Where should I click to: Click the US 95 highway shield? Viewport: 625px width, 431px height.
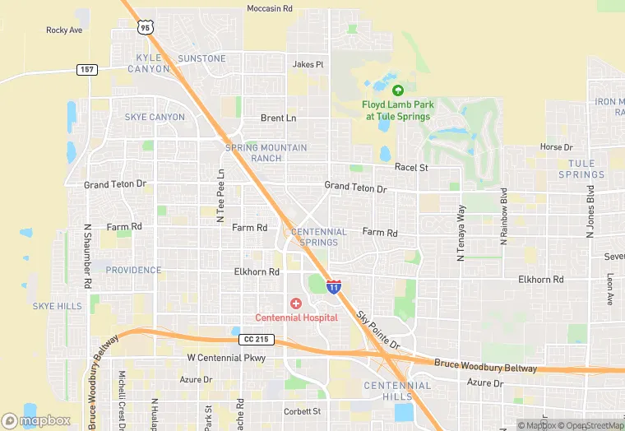[146, 27]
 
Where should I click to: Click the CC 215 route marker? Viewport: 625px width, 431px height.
[254, 339]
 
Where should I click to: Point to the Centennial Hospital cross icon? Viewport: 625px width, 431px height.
[296, 304]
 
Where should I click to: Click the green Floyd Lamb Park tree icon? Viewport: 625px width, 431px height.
[398, 90]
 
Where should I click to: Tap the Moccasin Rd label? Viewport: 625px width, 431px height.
[270, 8]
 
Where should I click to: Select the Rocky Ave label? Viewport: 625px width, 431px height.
[64, 30]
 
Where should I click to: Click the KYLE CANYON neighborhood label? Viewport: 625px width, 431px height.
[149, 63]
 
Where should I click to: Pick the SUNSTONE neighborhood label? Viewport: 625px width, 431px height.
[201, 58]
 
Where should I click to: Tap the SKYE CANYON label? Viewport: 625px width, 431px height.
[155, 117]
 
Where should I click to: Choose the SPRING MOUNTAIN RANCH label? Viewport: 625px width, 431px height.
[266, 153]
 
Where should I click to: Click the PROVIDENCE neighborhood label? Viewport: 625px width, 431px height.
[133, 270]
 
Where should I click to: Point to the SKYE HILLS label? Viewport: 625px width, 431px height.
[57, 306]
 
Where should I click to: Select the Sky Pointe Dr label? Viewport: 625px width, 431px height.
[377, 330]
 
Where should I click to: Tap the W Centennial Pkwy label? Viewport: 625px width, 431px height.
[226, 358]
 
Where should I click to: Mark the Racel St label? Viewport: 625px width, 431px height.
[411, 167]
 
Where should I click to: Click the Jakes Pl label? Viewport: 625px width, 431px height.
[308, 64]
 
